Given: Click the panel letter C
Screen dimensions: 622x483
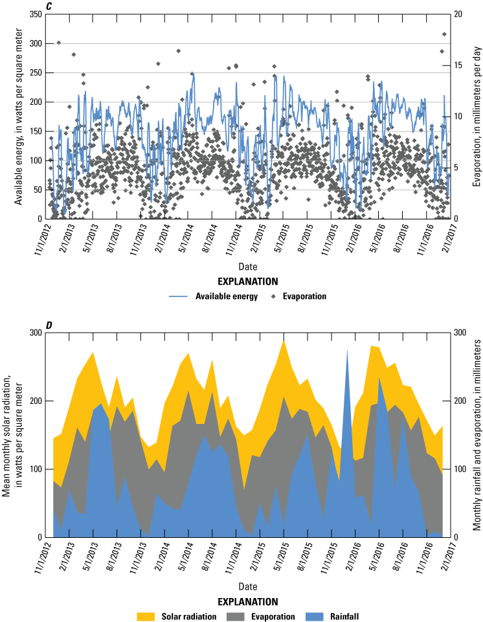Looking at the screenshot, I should pyautogui.click(x=50, y=6).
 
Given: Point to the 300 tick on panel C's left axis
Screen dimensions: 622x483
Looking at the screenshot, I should pyautogui.click(x=36, y=43).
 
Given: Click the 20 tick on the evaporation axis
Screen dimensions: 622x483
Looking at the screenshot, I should pyautogui.click(x=458, y=14).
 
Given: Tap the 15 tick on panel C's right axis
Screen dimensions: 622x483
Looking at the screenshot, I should pyautogui.click(x=458, y=65).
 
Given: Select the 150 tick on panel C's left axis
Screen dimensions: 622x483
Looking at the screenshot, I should pyautogui.click(x=36, y=131).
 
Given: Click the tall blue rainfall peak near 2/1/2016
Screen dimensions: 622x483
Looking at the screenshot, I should pyautogui.click(x=347, y=353).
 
